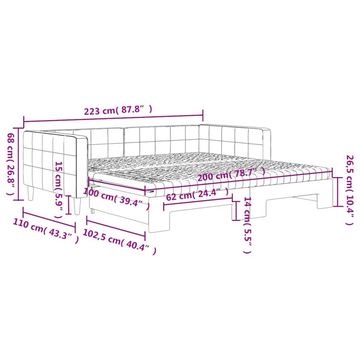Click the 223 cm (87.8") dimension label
click(118, 110)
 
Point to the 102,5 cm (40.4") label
click(119, 242)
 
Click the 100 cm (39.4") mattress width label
click(117, 198)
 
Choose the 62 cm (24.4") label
click(198, 194)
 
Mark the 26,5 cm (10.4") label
click(350, 190)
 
